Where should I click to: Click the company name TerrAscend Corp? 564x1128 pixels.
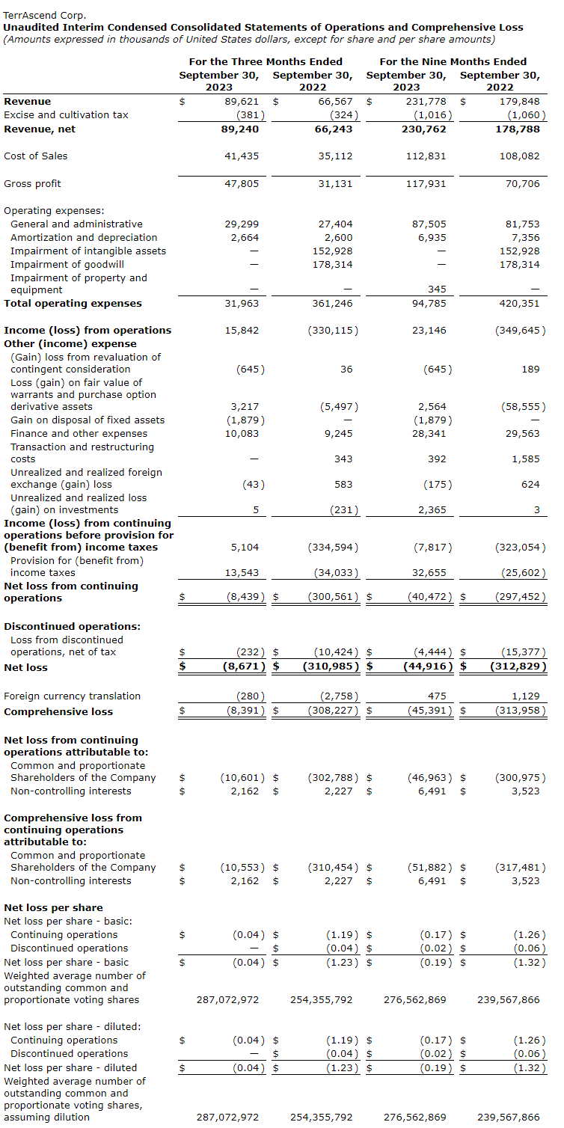click(x=45, y=15)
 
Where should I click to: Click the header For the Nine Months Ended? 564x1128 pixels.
click(x=453, y=62)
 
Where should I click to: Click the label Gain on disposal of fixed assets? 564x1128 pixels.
click(x=88, y=420)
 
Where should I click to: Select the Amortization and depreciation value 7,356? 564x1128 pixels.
click(x=524, y=238)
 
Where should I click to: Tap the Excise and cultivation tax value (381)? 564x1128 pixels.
click(x=248, y=115)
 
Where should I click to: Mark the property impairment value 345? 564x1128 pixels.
click(x=437, y=290)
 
